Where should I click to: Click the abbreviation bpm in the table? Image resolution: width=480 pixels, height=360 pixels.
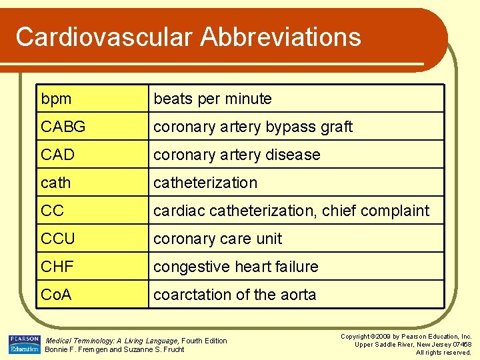[56, 99]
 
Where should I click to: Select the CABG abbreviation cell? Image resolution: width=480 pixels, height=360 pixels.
[63, 127]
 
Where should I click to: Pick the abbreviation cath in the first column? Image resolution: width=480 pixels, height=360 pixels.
[55, 183]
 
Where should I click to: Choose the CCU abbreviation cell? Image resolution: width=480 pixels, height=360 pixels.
[58, 239]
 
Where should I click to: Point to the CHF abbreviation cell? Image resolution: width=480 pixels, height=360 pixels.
[58, 267]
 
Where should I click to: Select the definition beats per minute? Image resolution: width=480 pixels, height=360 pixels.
[213, 99]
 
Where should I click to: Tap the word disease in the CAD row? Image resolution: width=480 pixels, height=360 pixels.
[293, 155]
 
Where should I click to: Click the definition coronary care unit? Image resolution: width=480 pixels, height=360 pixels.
[217, 239]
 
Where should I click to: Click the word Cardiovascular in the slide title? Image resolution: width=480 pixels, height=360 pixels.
[99, 37]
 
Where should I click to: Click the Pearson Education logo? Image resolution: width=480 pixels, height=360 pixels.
[24, 344]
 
